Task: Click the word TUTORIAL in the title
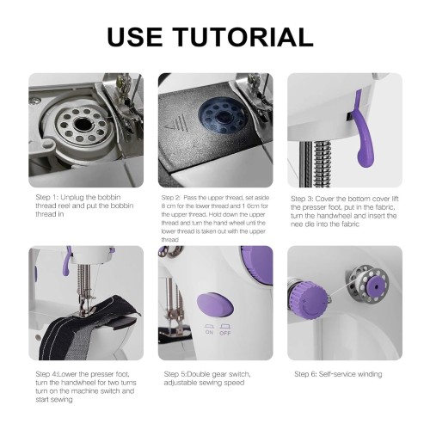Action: click(x=243, y=37)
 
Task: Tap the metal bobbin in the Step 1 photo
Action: click(x=82, y=125)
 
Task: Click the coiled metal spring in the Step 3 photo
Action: click(x=322, y=163)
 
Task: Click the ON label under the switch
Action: click(x=209, y=332)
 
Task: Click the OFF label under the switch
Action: click(x=225, y=333)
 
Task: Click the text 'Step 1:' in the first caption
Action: click(x=47, y=197)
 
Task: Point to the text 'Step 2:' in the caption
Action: click(x=170, y=198)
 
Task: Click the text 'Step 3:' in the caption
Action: click(x=302, y=199)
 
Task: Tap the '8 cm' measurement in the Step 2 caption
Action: click(x=168, y=206)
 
